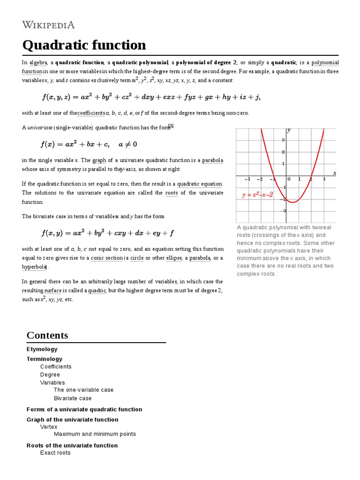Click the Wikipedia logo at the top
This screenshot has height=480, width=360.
tap(48, 25)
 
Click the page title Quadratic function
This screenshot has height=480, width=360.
tap(84, 45)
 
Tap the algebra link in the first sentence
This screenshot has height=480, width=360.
tap(38, 62)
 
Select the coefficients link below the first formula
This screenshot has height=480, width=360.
tap(91, 113)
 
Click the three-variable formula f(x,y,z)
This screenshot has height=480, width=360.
tap(151, 97)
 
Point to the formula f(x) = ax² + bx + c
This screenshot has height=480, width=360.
tap(89, 143)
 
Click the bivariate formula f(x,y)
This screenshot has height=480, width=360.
tap(108, 232)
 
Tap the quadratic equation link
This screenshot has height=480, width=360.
tap(200, 184)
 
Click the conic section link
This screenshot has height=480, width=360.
tap(106, 258)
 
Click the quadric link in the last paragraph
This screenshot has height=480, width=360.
tap(97, 291)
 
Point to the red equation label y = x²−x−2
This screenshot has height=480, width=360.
tap(257, 195)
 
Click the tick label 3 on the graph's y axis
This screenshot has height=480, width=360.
tap(283, 140)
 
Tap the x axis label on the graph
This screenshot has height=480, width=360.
tap(334, 173)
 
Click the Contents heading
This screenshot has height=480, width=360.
tap(47, 335)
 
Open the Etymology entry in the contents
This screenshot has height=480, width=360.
tap(42, 349)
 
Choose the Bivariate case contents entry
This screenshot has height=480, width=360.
tap(73, 398)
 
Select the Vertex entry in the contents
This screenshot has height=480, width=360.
tap(49, 427)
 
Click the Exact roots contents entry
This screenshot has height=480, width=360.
tap(55, 453)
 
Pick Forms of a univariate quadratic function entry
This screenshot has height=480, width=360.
tap(84, 409)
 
